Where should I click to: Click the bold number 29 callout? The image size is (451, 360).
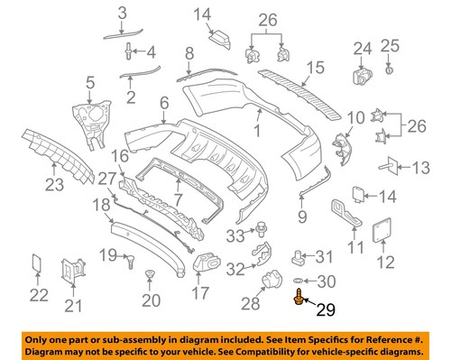coord(325,311)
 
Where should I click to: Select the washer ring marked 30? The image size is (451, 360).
coord(299,280)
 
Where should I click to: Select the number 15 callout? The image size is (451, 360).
coord(313,68)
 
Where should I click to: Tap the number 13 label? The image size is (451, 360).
coord(421,168)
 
